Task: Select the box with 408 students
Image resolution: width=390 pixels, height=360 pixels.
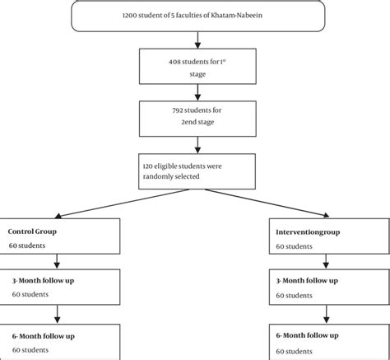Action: (195, 66)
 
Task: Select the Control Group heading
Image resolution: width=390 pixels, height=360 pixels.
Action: (33, 231)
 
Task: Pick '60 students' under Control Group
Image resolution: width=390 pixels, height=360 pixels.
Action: (28, 245)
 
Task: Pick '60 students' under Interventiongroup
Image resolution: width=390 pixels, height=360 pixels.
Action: (295, 245)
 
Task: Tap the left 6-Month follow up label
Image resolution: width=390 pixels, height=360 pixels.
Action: (41, 335)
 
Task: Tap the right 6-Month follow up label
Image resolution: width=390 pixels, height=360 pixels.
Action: (309, 335)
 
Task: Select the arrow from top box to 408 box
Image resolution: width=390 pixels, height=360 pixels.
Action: (195, 40)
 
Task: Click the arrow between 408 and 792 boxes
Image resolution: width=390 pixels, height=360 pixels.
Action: (195, 91)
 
